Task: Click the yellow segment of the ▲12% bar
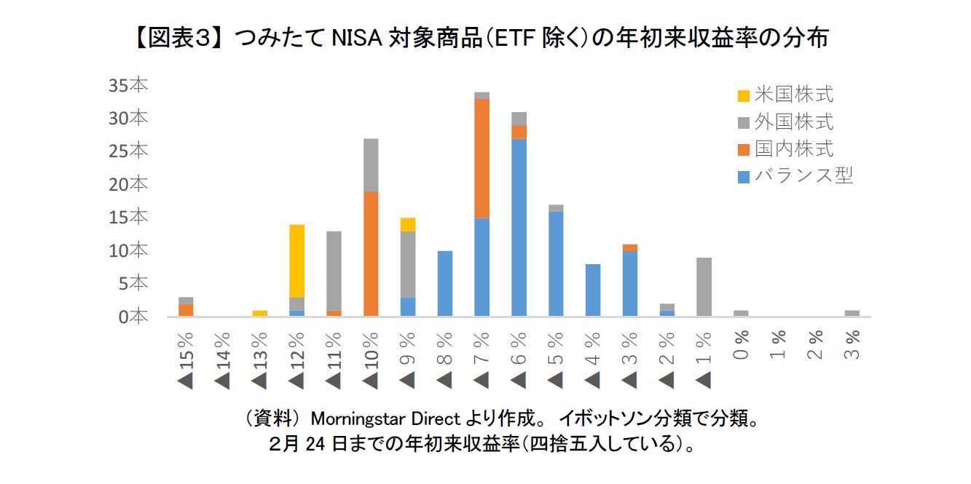click(x=296, y=261)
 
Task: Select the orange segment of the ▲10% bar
click(x=371, y=253)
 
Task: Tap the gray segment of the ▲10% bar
click(x=371, y=164)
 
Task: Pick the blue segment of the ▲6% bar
click(x=519, y=227)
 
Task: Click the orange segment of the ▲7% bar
click(x=482, y=158)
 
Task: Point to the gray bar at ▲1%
click(x=704, y=287)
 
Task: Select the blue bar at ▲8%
click(x=445, y=283)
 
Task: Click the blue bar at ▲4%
click(x=593, y=290)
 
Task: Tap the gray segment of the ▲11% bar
click(x=334, y=271)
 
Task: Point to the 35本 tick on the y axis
click(x=128, y=85)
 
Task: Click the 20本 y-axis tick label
click(x=128, y=184)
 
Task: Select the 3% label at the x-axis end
click(x=852, y=344)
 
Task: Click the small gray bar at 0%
click(x=741, y=313)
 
